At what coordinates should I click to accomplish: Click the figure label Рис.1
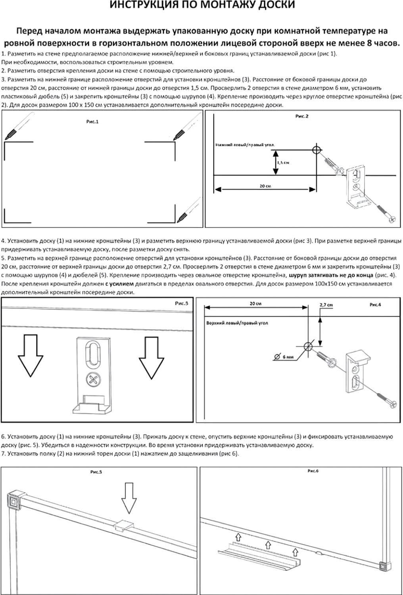pyautogui.click(x=92, y=122)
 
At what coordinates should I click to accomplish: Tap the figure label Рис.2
pyautogui.click(x=302, y=116)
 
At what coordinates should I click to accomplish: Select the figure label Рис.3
pyautogui.click(x=181, y=303)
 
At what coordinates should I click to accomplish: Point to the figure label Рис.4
pyautogui.click(x=375, y=305)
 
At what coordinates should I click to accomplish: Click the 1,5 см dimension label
pyautogui.click(x=283, y=163)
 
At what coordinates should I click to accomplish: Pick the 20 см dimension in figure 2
pyautogui.click(x=265, y=186)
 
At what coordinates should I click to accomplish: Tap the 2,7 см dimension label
pyautogui.click(x=326, y=305)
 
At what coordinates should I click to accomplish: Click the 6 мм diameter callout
pyautogui.click(x=288, y=357)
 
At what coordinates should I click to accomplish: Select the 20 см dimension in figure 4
pyautogui.click(x=255, y=303)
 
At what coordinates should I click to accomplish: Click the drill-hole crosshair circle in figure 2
pyautogui.click(x=317, y=150)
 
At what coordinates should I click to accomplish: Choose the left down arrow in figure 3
pyautogui.click(x=30, y=356)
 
